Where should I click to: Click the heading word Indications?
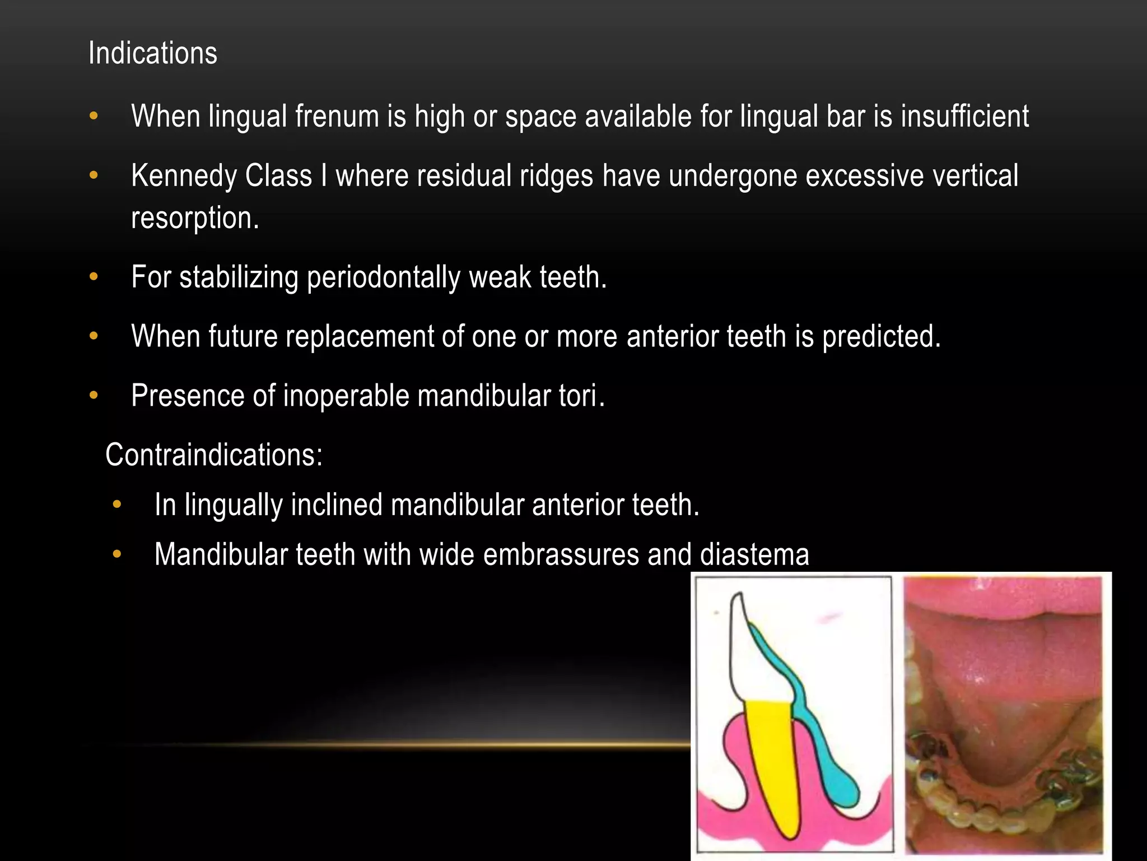pyautogui.click(x=152, y=54)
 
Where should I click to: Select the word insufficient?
pyautogui.click(x=964, y=117)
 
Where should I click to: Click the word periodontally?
pyautogui.click(x=383, y=277)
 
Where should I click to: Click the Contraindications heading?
pyautogui.click(x=214, y=455)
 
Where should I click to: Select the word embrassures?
pyautogui.click(x=561, y=555)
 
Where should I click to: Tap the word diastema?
pyautogui.click(x=754, y=555)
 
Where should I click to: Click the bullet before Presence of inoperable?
pyautogui.click(x=94, y=396)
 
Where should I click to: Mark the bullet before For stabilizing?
pyautogui.click(x=94, y=277)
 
